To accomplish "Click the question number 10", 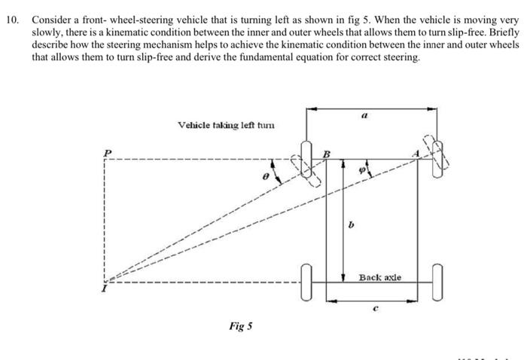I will (11, 17).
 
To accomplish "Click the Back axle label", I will (381, 278).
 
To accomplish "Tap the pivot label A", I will (413, 153).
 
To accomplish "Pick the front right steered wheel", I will (437, 159).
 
